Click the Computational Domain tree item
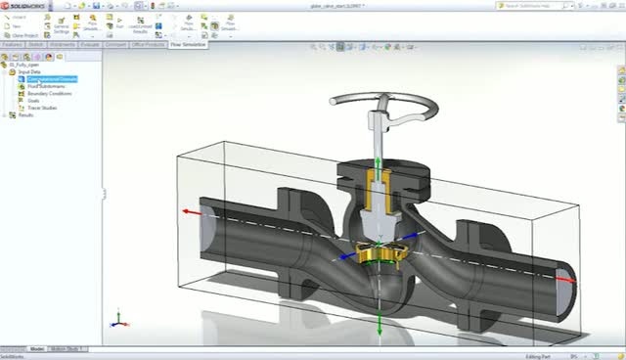[x=52, y=79]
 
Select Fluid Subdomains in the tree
[x=46, y=86]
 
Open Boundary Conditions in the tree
[x=49, y=94]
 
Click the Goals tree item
[x=35, y=101]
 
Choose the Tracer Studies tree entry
[x=42, y=108]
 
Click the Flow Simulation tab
[x=188, y=44]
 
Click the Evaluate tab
[x=90, y=44]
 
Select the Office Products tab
[x=148, y=44]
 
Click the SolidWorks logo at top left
[x=23, y=5]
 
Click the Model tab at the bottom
[x=37, y=348]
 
